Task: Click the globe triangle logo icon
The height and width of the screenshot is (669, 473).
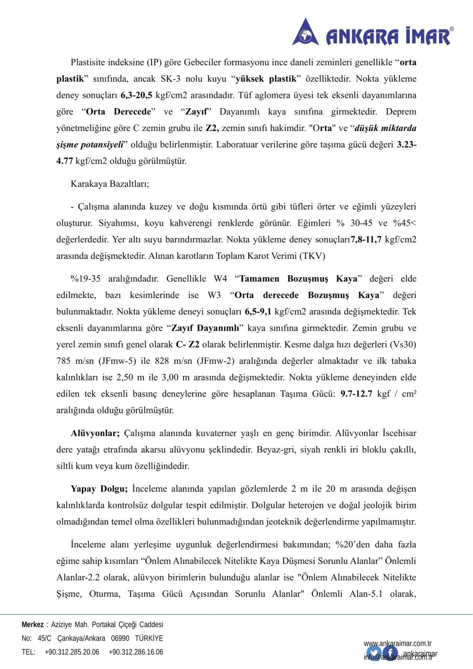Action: (x=306, y=33)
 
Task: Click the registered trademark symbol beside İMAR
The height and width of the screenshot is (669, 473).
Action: (x=451, y=29)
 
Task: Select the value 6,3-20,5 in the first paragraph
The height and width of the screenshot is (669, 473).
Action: (x=136, y=95)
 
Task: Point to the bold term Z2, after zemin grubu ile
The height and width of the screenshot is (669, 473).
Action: (x=211, y=128)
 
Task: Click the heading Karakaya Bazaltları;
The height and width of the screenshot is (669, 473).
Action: (x=110, y=184)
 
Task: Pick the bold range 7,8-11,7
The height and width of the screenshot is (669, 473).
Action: (x=366, y=239)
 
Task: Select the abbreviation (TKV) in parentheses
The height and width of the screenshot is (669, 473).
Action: (x=312, y=256)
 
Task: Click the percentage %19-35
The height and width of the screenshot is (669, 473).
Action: (x=86, y=279)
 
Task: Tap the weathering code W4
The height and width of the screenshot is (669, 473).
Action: (x=220, y=279)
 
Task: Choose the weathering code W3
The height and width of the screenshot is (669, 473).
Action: (x=214, y=295)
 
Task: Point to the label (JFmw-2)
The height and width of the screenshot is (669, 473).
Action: (x=215, y=361)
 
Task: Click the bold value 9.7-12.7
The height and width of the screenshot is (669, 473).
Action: (x=356, y=394)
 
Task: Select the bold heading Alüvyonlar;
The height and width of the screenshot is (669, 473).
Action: (x=95, y=433)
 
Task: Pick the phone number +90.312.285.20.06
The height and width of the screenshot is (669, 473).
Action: (x=72, y=652)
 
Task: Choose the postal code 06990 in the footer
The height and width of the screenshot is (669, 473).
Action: (x=120, y=638)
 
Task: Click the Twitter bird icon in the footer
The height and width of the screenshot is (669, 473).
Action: (x=374, y=653)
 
